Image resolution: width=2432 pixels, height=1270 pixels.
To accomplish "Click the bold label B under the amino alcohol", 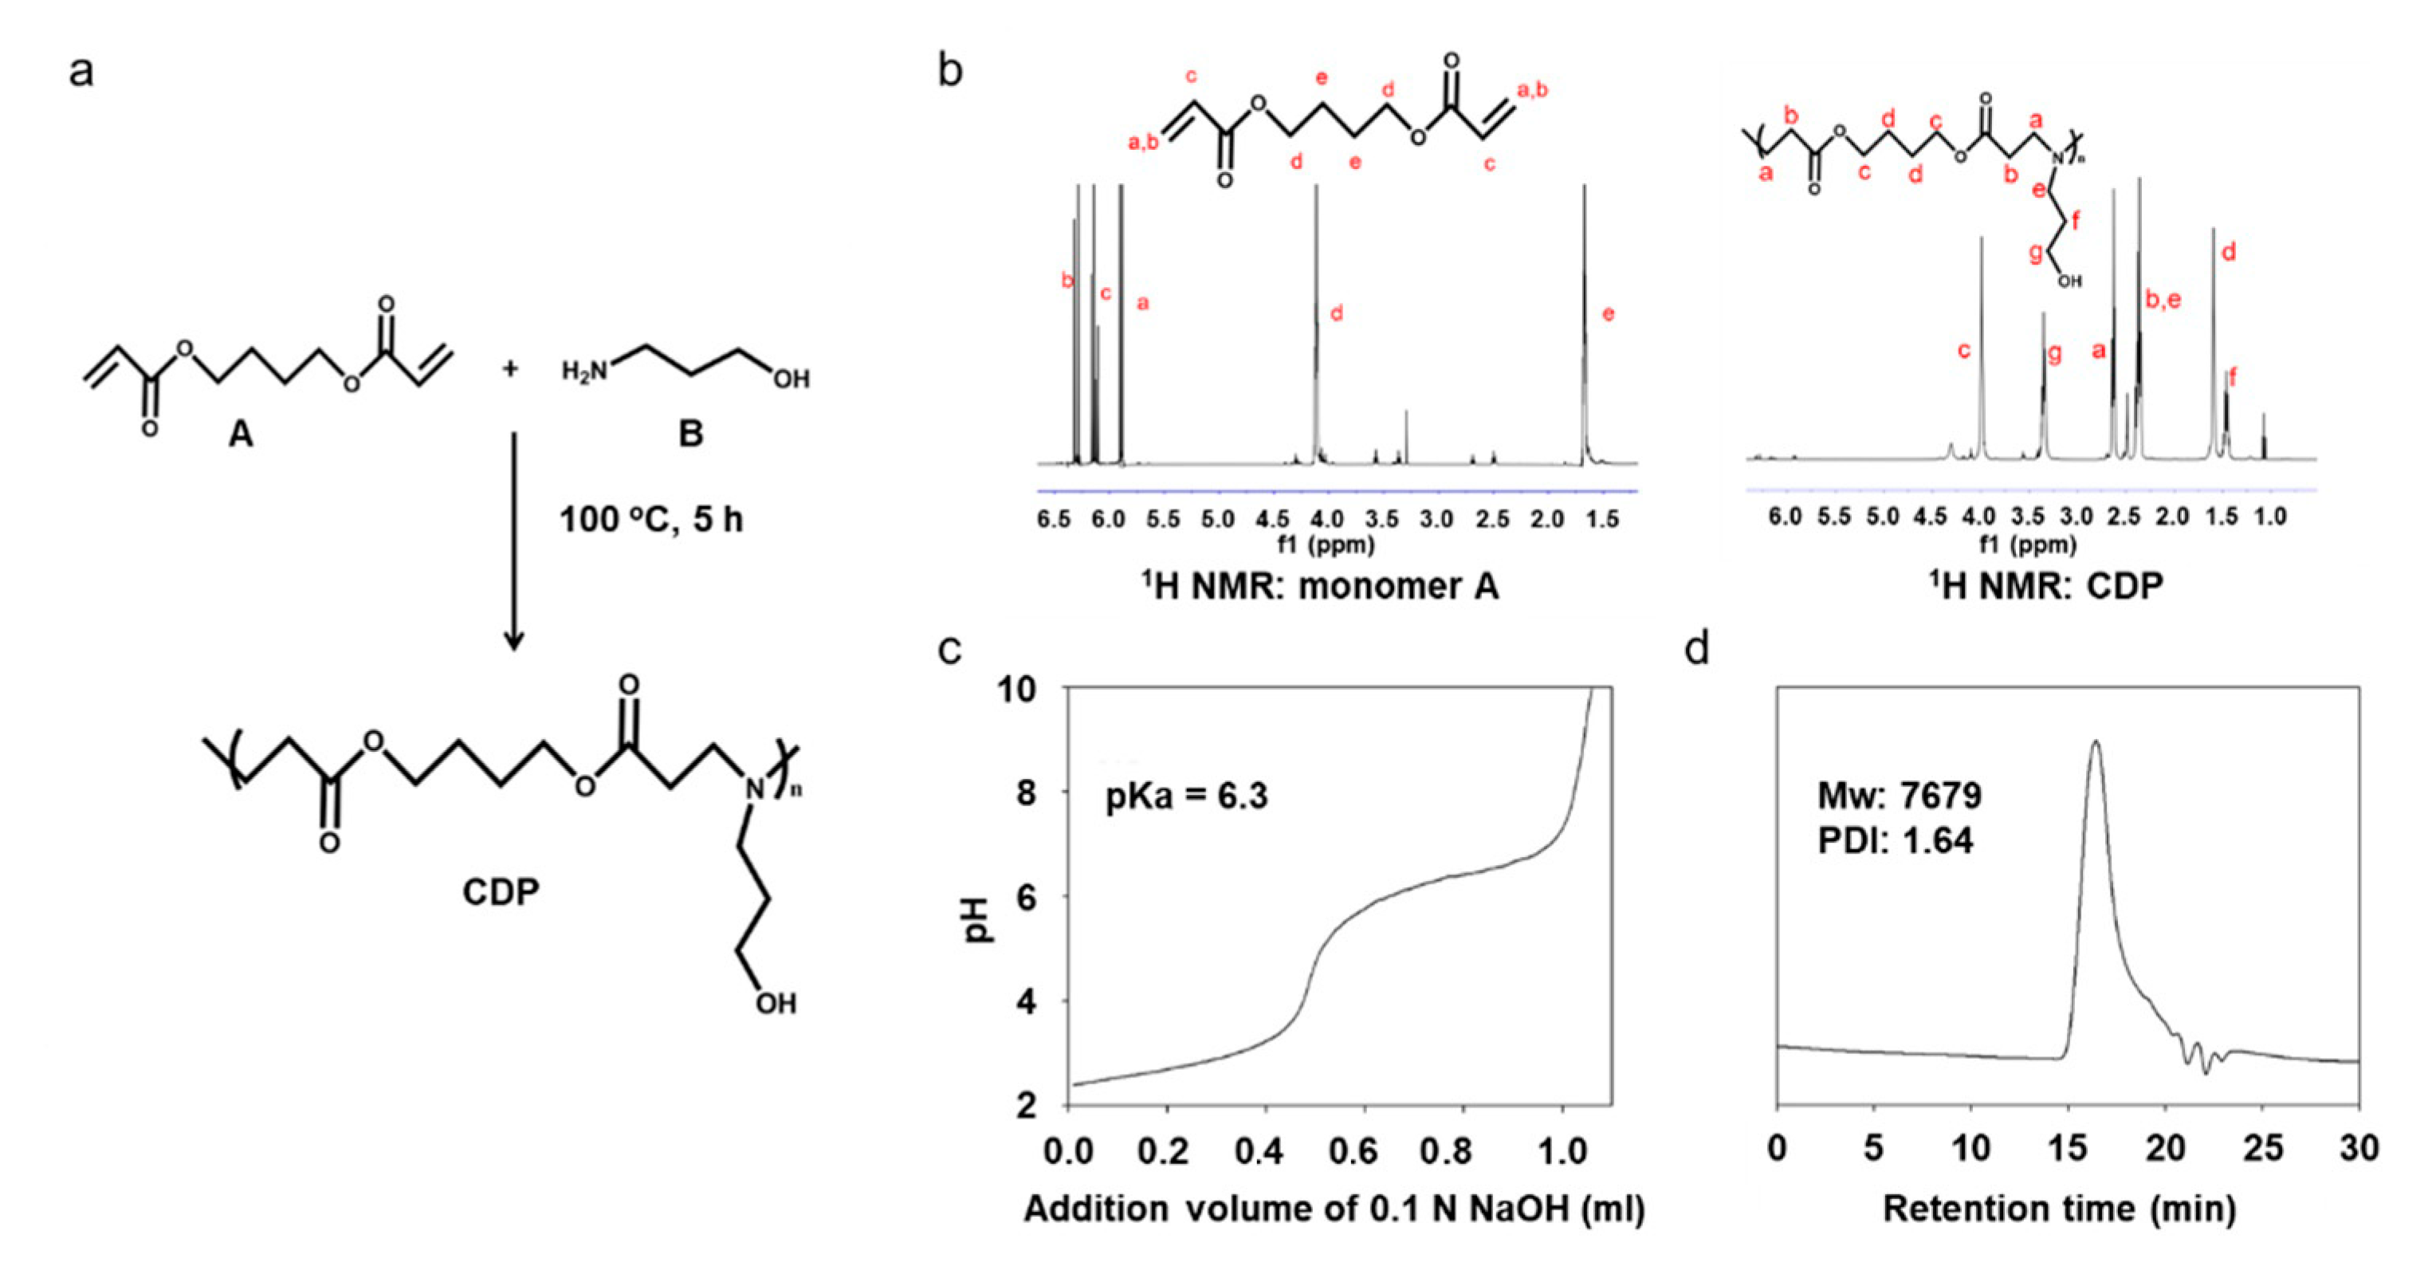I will [x=691, y=434].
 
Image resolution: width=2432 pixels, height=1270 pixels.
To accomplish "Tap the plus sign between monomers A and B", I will [x=510, y=368].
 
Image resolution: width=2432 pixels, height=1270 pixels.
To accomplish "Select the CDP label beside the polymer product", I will [x=501, y=891].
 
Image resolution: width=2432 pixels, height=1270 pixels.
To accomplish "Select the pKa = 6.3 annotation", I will [x=1187, y=796].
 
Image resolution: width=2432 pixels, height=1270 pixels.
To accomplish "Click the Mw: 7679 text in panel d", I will [x=1900, y=796].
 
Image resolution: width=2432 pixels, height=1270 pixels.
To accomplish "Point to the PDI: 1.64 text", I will [x=1895, y=840].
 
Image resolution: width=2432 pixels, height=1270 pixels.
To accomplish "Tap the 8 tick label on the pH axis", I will [x=1025, y=793].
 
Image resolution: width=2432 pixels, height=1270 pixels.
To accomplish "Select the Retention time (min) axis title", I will [x=2059, y=1209].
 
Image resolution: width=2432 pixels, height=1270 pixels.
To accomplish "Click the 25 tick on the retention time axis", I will [x=2262, y=1149].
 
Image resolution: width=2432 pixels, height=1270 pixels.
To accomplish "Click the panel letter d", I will [x=1696, y=650].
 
